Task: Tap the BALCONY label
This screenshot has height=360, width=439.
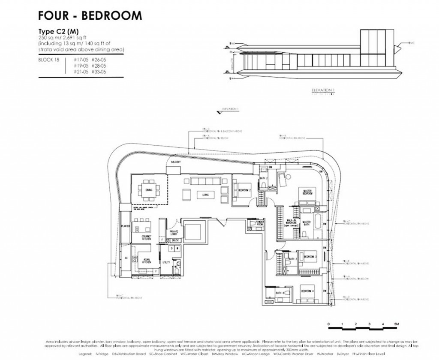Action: [x=174, y=162]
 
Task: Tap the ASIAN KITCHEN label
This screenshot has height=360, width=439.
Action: [x=144, y=259]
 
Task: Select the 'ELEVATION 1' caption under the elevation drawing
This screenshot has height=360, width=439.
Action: [x=323, y=90]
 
